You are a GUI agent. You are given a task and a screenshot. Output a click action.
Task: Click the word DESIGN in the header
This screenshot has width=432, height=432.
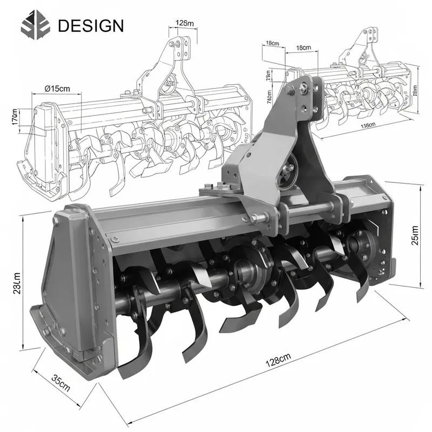pos(90,25)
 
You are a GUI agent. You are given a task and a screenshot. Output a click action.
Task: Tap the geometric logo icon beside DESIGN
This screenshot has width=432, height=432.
pos(36,25)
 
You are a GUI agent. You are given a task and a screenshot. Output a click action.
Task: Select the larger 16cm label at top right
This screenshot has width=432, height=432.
pos(303,48)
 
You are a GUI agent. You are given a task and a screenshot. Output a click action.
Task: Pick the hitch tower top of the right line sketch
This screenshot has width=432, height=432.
pos(367,38)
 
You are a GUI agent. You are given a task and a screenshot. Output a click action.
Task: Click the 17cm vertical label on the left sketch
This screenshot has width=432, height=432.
pos(15,117)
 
